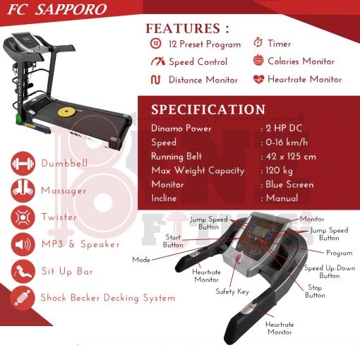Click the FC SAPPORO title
pyautogui.click(x=57, y=9)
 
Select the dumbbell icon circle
pyautogui.click(x=23, y=164)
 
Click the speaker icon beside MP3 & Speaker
pyautogui.click(x=23, y=244)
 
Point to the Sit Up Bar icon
pyautogui.click(x=23, y=272)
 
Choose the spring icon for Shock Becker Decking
pyautogui.click(x=23, y=299)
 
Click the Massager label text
pyautogui.click(x=64, y=191)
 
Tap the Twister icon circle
pyautogui.click(x=23, y=217)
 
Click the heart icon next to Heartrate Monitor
pyautogui.click(x=258, y=79)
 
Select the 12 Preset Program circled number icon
pyautogui.click(x=156, y=44)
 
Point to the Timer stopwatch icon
pyautogui.click(x=258, y=42)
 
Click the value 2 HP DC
pyautogui.click(x=284, y=128)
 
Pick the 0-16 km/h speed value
pyautogui.click(x=287, y=143)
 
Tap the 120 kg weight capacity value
pyautogui.click(x=280, y=171)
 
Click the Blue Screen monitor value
pyautogui.click(x=289, y=184)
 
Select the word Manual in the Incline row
pyautogui.click(x=282, y=198)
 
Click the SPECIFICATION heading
pyautogui.click(x=208, y=109)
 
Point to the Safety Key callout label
pyautogui.click(x=232, y=292)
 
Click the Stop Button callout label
pyautogui.click(x=315, y=292)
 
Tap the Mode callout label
pyautogui.click(x=141, y=260)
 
